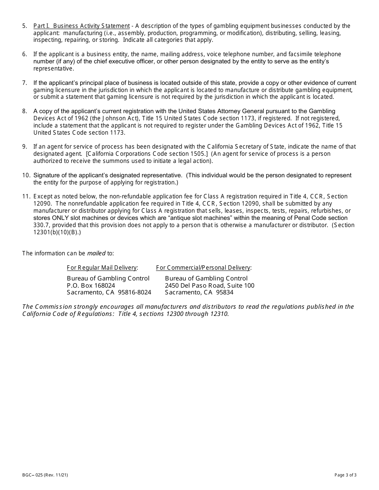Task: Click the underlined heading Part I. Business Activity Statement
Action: (81, 26)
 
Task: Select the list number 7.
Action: (25, 83)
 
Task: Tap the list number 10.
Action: (26, 175)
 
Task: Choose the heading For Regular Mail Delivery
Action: (102, 268)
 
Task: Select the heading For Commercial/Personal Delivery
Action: (203, 268)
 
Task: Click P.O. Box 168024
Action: (91, 285)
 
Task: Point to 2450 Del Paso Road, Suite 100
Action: (209, 285)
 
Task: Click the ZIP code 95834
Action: (225, 292)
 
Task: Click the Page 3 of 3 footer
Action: (345, 475)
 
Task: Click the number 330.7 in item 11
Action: (41, 225)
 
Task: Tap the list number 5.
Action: (25, 26)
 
